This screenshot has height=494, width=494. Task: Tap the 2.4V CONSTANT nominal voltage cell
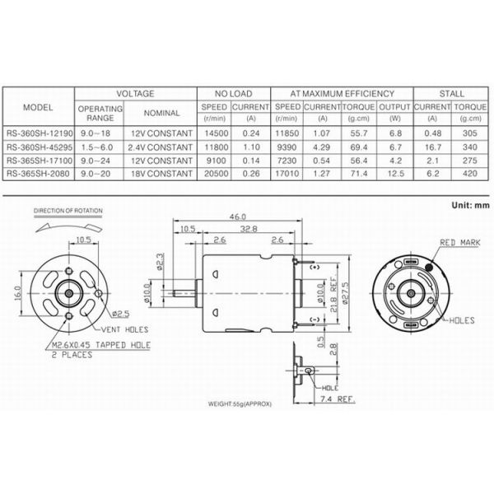[x=161, y=147]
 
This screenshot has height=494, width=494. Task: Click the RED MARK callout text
[x=458, y=243]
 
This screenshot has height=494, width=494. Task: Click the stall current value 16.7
[x=428, y=147]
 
